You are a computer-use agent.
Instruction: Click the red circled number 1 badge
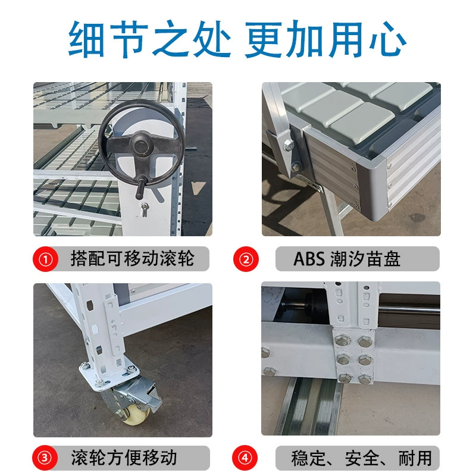[46, 259]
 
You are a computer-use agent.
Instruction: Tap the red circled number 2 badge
[246, 259]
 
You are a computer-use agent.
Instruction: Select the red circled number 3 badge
[45, 458]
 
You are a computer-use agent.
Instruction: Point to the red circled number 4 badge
[245, 458]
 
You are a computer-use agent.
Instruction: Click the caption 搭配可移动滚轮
[132, 259]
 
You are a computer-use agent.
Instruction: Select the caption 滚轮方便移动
[124, 458]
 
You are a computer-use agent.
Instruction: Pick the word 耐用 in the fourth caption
[415, 458]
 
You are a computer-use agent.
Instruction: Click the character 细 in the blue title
[86, 39]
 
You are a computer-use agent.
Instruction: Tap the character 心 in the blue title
[388, 39]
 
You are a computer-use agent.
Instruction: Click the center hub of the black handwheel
[140, 146]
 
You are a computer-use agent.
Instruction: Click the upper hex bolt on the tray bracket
[289, 145]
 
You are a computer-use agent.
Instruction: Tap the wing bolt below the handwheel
[145, 209]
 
